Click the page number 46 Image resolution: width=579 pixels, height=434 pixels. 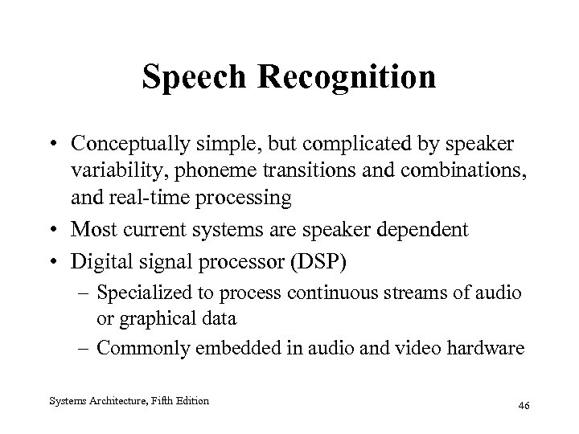click(525, 406)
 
